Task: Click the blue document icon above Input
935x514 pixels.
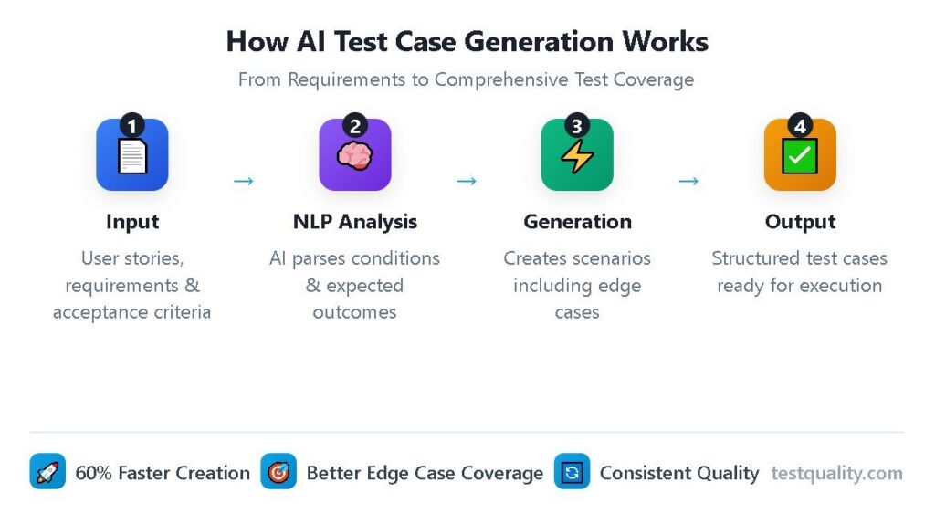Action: [132, 156]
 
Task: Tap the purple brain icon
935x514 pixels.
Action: [355, 156]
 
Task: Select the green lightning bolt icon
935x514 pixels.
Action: [577, 156]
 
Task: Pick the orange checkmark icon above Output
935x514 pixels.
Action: [800, 156]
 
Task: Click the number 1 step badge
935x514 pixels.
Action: [131, 125]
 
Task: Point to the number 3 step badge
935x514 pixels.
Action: [577, 125]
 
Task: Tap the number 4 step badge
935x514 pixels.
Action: [800, 125]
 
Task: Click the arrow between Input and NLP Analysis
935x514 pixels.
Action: [244, 181]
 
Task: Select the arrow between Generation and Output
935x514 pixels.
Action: [688, 181]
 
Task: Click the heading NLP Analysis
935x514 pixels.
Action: [355, 222]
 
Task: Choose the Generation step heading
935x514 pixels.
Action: [577, 222]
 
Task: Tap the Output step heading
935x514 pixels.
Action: [800, 222]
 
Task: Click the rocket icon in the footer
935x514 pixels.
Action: [47, 472]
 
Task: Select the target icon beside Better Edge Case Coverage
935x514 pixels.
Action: [278, 472]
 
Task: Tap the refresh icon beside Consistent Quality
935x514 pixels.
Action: [572, 472]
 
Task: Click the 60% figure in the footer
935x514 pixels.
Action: [94, 473]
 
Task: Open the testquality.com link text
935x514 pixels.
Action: [836, 473]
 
